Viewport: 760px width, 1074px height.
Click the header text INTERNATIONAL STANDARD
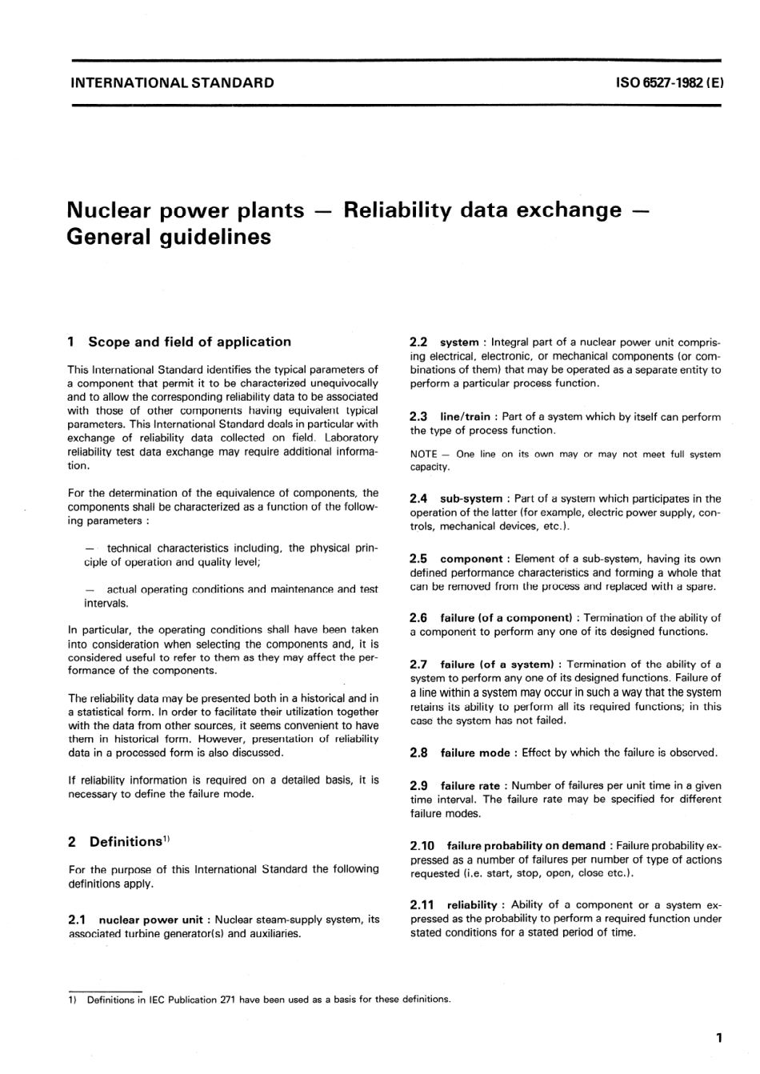(x=171, y=82)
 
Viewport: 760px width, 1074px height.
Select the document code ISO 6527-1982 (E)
(x=670, y=82)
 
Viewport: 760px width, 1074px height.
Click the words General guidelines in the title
(x=169, y=237)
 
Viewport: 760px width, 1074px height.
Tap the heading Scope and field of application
(x=190, y=341)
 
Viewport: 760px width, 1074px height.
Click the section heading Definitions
(x=126, y=841)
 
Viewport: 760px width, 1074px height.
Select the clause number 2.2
(x=418, y=342)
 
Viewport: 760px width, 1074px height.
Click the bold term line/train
(x=466, y=417)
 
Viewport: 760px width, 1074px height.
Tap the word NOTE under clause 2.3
(x=423, y=454)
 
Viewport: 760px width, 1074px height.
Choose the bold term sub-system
(x=471, y=498)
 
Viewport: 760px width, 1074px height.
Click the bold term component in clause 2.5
(x=471, y=559)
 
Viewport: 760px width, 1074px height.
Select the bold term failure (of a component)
(x=506, y=617)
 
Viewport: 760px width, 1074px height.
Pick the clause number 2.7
(x=418, y=664)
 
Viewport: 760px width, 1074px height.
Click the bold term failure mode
(x=475, y=753)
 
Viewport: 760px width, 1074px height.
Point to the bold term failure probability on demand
(x=526, y=845)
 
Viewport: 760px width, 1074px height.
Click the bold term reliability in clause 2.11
(x=472, y=905)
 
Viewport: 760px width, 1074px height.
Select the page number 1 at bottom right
(x=718, y=1039)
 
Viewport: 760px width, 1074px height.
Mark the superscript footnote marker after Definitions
(x=166, y=838)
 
